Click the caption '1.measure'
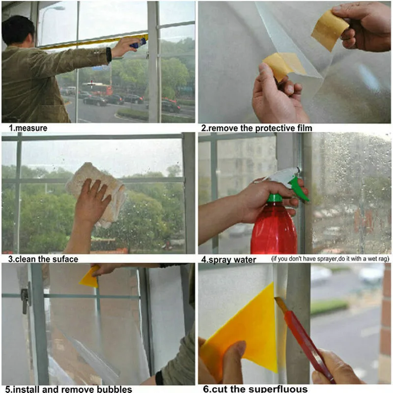tap(28, 128)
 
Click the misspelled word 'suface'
tap(65, 259)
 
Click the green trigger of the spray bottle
tap(299, 189)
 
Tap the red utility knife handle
tap(309, 346)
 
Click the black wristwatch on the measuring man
tap(109, 55)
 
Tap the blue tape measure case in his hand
tap(138, 43)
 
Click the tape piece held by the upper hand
tap(330, 30)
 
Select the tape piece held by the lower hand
tap(284, 65)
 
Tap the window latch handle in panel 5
tap(25, 300)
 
